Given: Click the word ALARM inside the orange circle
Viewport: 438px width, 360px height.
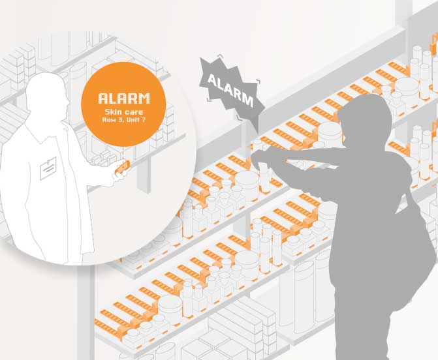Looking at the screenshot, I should click(123, 99).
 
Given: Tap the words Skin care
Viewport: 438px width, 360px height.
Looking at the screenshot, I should click(123, 113).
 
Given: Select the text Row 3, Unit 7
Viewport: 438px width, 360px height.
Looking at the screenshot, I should click(123, 121).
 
